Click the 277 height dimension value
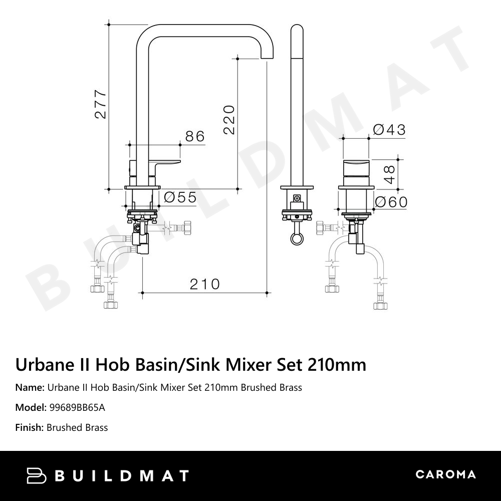coord(101,104)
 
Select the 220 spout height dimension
coord(228,119)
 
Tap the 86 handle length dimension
coord(195,136)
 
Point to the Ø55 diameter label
coord(180,197)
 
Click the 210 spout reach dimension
coord(204,284)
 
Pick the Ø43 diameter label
coord(389,130)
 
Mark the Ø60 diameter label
coord(391,202)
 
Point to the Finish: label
coord(30,427)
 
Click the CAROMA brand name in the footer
coord(445,474)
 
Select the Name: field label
coord(30,387)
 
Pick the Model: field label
coord(31,407)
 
